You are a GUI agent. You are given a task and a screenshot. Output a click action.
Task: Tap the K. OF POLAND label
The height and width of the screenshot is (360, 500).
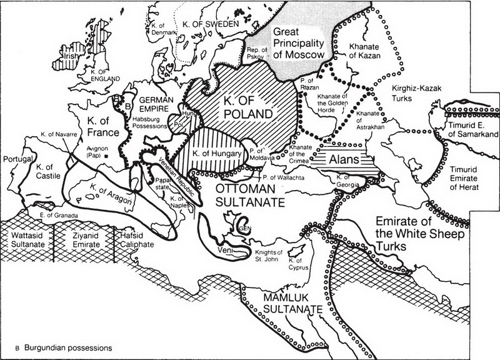click(x=247, y=106)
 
